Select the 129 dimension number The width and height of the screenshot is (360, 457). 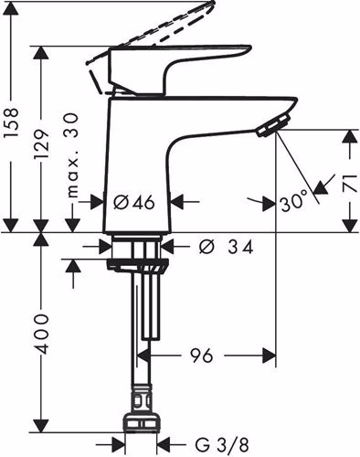41,144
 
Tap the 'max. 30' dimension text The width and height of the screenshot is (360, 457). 72,154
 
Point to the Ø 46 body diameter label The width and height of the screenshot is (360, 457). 134,202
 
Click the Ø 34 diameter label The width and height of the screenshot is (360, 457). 227,247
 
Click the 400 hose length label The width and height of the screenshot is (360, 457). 41,334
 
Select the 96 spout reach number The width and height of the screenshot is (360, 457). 201,356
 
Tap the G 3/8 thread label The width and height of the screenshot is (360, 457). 222,445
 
